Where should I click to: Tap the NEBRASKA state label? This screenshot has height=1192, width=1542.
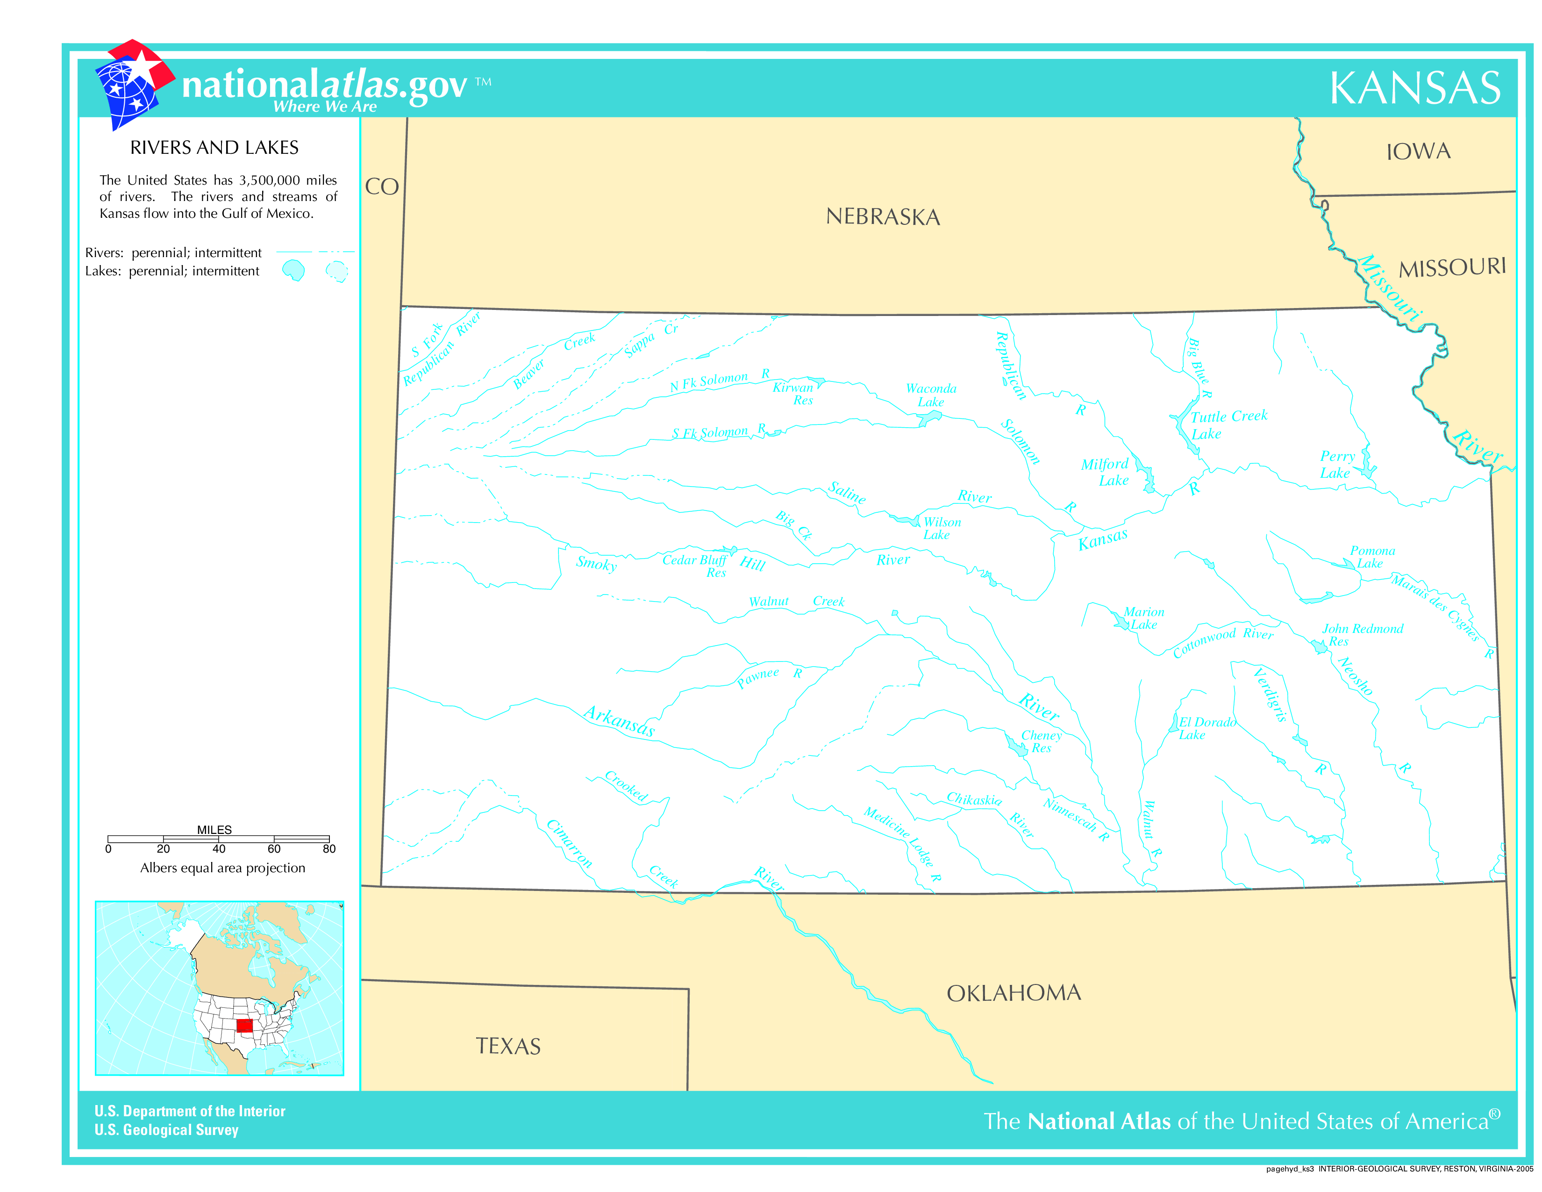click(x=883, y=217)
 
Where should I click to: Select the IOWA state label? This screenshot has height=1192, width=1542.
click(x=1418, y=151)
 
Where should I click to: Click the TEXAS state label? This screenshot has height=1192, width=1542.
click(x=508, y=1046)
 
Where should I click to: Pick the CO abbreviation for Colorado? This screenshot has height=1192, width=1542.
click(x=382, y=187)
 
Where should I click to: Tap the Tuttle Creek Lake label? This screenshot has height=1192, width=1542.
click(x=1228, y=424)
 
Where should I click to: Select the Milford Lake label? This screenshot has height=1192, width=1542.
click(x=1105, y=472)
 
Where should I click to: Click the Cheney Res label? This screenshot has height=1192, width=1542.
click(x=1042, y=741)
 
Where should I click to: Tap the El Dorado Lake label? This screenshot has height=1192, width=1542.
click(x=1206, y=728)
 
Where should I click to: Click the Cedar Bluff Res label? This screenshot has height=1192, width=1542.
click(x=695, y=565)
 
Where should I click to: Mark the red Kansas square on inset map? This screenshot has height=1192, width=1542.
click(x=244, y=1025)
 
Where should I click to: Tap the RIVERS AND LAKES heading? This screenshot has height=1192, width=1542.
click(x=214, y=148)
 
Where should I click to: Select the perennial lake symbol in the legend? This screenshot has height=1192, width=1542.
click(x=293, y=270)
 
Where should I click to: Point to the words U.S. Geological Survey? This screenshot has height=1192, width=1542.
click(x=167, y=1130)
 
